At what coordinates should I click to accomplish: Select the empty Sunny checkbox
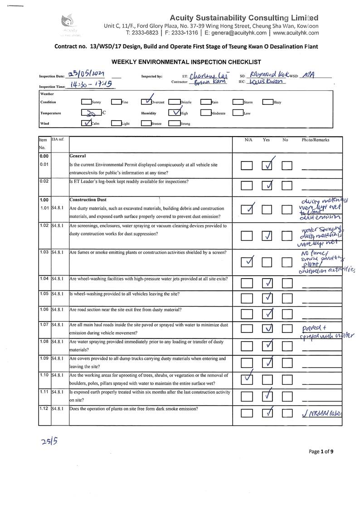click(x=86, y=102)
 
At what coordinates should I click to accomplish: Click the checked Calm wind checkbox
click(x=86, y=123)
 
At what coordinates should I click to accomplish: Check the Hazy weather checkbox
click(x=268, y=102)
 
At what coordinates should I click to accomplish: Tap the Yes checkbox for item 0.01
click(x=268, y=166)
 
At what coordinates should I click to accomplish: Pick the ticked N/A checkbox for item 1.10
click(x=247, y=379)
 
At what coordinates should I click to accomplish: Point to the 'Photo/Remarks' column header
click(x=316, y=140)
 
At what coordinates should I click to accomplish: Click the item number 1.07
click(x=44, y=325)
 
